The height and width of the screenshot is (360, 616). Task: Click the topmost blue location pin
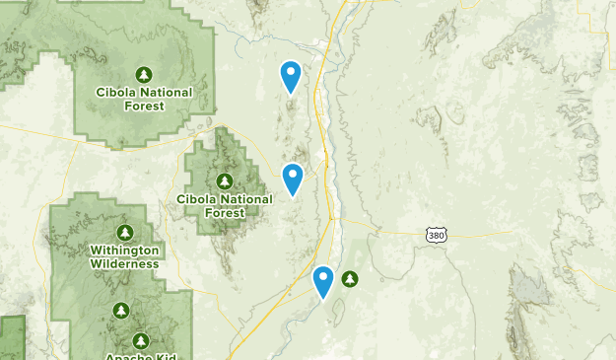click(291, 76)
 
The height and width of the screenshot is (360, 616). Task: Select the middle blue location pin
click(293, 179)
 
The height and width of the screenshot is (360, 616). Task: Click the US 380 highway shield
click(436, 234)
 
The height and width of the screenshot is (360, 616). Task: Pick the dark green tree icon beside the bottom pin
click(350, 279)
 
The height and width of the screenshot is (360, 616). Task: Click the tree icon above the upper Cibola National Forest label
click(144, 74)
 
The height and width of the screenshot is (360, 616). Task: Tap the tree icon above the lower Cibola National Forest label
click(225, 181)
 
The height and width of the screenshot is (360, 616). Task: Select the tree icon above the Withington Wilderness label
click(124, 233)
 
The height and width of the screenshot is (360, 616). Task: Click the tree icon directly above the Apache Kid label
click(141, 340)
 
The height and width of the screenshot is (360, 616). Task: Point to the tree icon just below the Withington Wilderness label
click(121, 311)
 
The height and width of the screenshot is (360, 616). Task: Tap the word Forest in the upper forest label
click(144, 106)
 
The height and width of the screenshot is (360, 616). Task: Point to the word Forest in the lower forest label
click(225, 213)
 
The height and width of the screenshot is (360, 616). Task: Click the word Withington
click(124, 251)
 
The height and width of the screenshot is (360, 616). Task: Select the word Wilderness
click(124, 263)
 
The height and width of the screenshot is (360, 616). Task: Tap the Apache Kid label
click(141, 355)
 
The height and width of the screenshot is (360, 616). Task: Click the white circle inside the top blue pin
click(291, 71)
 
